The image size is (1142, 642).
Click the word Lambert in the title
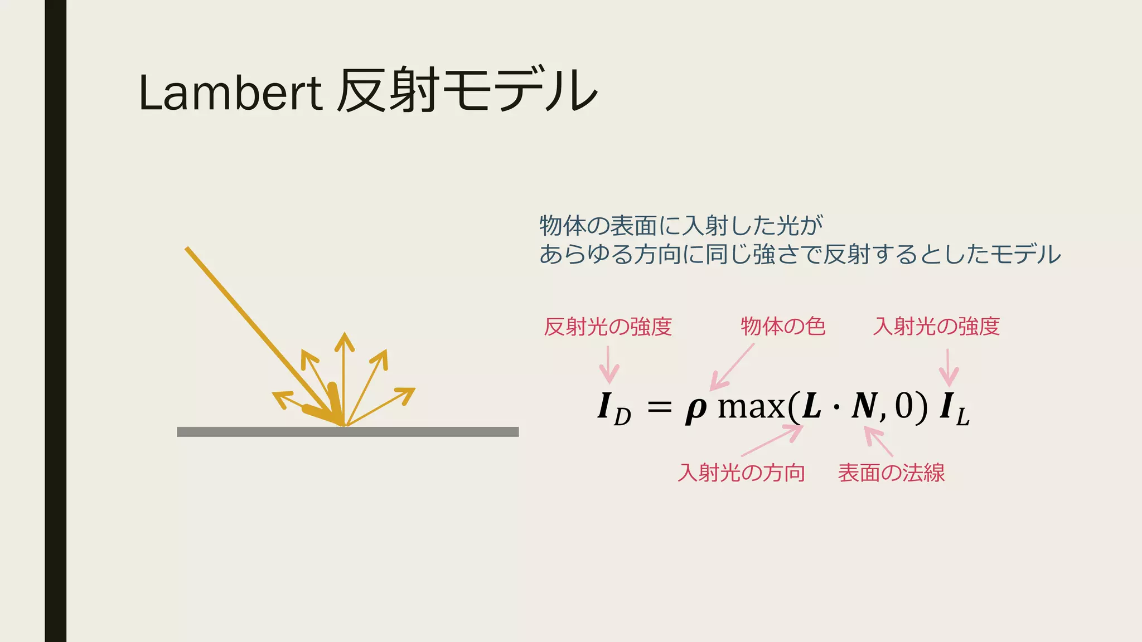[x=230, y=93]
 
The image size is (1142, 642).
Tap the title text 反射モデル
[x=467, y=91]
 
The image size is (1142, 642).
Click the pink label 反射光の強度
[x=608, y=327]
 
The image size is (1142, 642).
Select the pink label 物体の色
[x=783, y=327]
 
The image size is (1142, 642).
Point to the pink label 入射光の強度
[x=936, y=327]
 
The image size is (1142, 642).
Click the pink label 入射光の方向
[x=741, y=473]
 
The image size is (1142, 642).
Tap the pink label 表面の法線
[x=891, y=473]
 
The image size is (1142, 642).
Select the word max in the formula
[x=751, y=407]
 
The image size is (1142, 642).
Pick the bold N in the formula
[x=865, y=406]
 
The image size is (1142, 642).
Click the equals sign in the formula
[x=660, y=407]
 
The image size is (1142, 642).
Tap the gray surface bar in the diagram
[x=347, y=432]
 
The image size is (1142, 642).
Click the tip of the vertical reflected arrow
[x=345, y=335]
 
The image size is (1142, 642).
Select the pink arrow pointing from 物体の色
[x=732, y=367]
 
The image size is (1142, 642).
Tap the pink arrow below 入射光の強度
[x=948, y=367]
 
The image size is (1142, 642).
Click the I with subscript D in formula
[x=613, y=408]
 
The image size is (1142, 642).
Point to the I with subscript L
[x=954, y=408]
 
